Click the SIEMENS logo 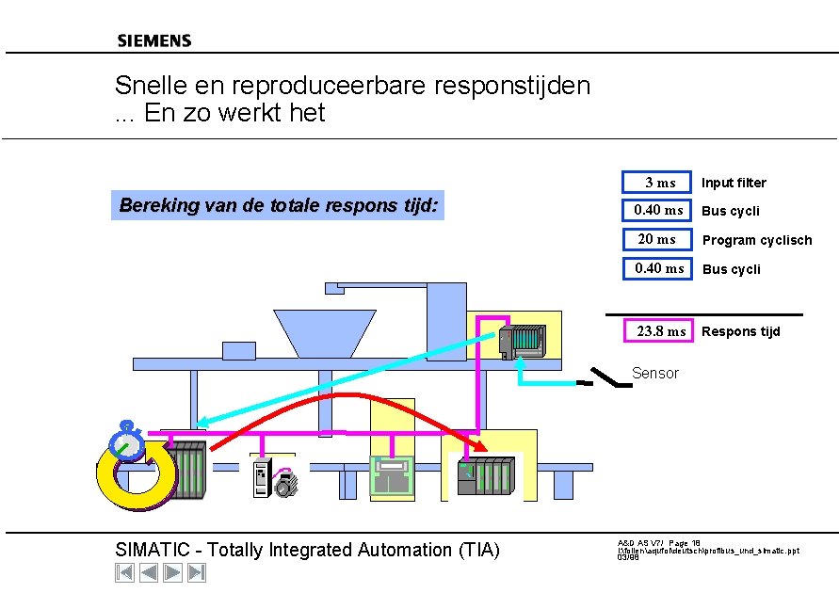154,40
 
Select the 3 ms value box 656,182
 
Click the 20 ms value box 656,239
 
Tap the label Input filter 734,183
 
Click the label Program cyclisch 756,240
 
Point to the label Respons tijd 740,331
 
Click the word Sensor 654,374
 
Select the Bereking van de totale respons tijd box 279,205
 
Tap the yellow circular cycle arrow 137,475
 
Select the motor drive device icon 273,478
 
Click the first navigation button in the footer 124,572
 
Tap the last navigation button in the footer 196,572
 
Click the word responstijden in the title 512,86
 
